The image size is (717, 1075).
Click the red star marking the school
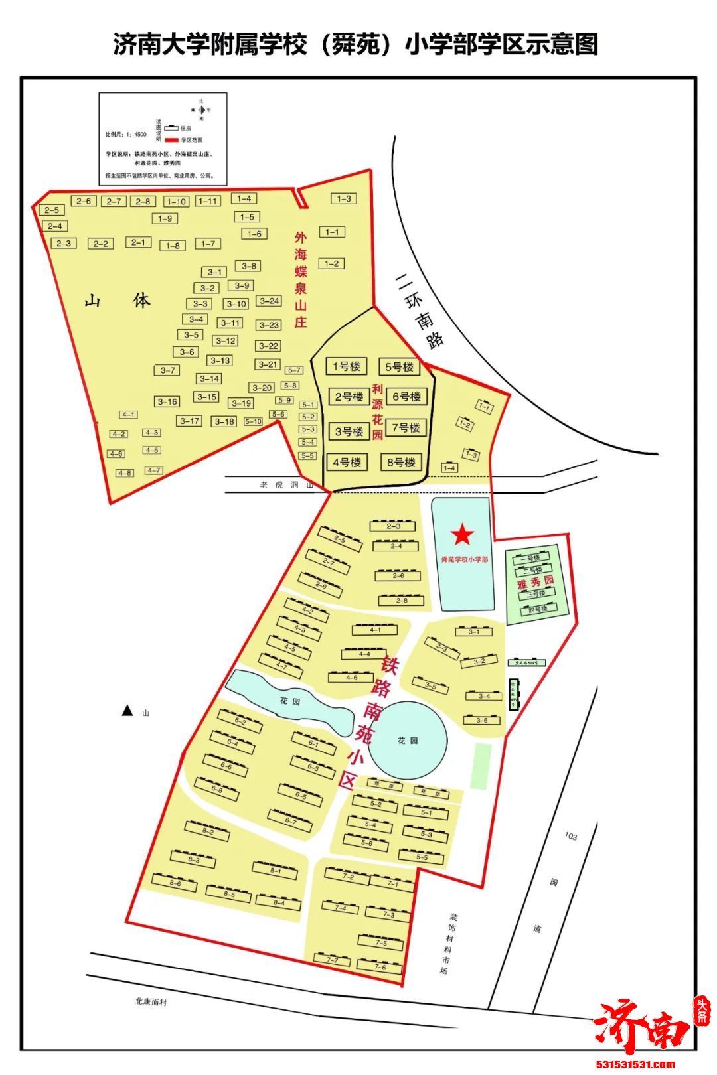[x=462, y=535]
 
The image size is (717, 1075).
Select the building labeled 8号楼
[x=401, y=462]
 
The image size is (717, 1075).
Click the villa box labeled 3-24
[x=269, y=301]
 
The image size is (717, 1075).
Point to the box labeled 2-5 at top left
[x=52, y=210]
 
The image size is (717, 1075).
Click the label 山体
[x=118, y=301]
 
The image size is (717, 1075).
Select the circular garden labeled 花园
[x=408, y=740]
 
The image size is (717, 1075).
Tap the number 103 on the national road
[x=570, y=837]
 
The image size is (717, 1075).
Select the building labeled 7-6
[x=380, y=967]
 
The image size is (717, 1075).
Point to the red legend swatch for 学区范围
[x=173, y=141]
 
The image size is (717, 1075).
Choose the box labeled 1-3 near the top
[x=343, y=198]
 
